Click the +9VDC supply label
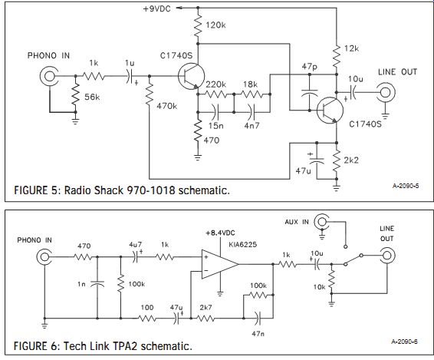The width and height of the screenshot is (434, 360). [x=156, y=9]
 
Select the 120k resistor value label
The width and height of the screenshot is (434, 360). [x=215, y=25]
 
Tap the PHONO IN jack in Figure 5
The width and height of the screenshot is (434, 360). [x=49, y=76]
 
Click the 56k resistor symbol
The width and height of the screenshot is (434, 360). [x=76, y=94]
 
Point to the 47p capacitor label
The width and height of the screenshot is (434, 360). [x=310, y=67]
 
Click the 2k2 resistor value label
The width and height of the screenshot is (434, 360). [x=351, y=160]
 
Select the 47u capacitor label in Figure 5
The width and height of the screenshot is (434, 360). [x=303, y=171]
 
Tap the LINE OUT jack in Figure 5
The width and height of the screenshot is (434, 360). [x=385, y=92]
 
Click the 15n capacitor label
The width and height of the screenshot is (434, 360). [x=216, y=126]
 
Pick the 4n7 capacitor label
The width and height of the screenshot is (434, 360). [x=252, y=126]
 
